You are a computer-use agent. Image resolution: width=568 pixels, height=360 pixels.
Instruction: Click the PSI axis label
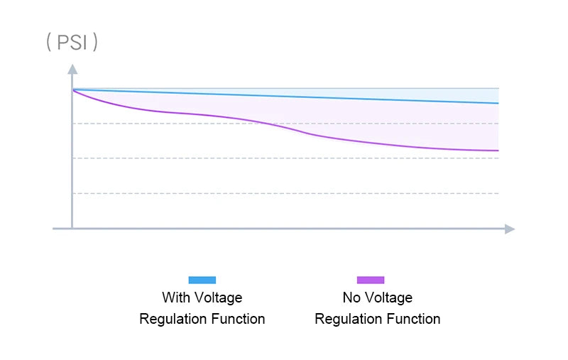[72, 42]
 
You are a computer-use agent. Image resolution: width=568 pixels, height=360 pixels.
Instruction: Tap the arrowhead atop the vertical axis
[72, 69]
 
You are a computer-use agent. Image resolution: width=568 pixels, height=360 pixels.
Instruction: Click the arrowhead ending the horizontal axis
[509, 229]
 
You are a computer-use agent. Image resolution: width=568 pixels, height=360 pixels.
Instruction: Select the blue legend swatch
[202, 280]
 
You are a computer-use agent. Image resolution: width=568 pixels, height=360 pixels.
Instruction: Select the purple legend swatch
[371, 280]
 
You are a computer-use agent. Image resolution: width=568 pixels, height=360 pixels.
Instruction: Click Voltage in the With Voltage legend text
[219, 298]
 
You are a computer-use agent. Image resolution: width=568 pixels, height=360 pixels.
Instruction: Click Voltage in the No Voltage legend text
[389, 298]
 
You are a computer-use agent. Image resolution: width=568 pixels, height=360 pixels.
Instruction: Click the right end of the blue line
[498, 103]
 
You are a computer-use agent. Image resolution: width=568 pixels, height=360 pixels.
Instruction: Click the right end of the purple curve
[498, 151]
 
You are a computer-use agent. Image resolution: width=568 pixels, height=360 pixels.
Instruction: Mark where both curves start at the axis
[72, 89]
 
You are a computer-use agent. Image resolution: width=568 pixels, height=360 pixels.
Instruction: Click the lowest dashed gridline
[284, 193]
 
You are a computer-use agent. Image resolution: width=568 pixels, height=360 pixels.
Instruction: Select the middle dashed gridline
[284, 158]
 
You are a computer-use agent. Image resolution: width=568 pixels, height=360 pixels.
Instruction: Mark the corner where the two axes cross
[72, 229]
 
